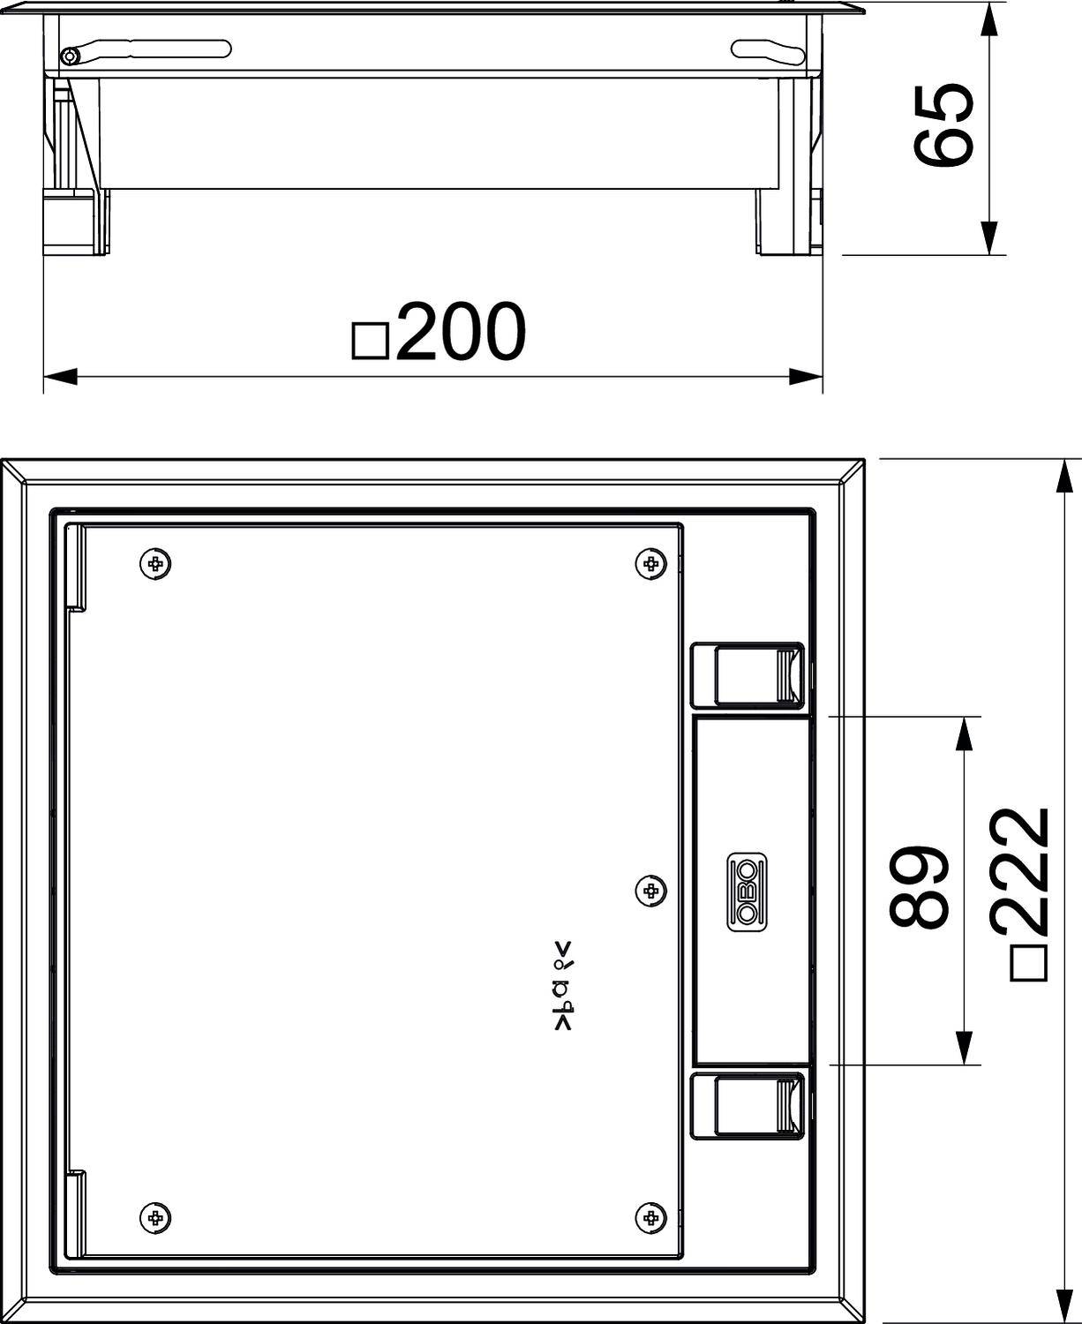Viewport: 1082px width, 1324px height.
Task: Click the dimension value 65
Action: [x=944, y=125]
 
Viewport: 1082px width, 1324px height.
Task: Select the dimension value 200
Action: [x=461, y=333]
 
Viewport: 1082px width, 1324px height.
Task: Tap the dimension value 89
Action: [x=919, y=888]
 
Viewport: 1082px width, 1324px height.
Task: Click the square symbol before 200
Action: [x=371, y=341]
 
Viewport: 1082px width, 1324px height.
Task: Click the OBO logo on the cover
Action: [x=748, y=891]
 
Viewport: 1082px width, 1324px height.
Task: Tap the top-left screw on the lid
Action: [x=155, y=563]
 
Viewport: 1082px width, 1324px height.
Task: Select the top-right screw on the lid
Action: [x=650, y=563]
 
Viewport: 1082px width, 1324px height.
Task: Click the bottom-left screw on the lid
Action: [x=155, y=1218]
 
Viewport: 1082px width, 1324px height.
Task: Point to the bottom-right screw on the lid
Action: [x=650, y=1218]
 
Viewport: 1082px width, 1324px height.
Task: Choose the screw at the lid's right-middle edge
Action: [x=650, y=891]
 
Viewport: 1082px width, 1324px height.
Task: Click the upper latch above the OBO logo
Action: [x=747, y=675]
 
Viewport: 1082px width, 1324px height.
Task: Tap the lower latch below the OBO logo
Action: [x=747, y=1106]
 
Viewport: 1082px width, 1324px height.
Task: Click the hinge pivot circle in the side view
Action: [x=70, y=57]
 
